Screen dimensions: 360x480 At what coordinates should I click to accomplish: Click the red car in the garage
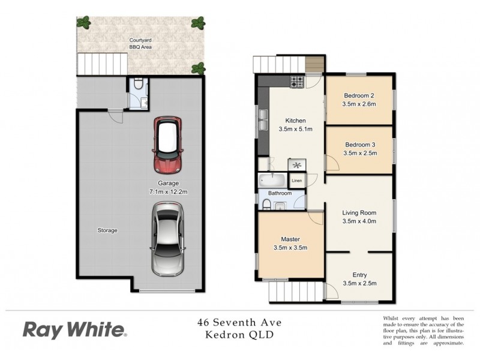point(167,145)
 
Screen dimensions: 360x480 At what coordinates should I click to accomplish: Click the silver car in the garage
point(167,238)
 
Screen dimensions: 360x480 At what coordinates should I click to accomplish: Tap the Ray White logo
point(74,329)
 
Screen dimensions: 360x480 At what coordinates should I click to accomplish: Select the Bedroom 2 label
point(359,96)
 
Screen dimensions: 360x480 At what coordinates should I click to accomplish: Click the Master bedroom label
point(290,239)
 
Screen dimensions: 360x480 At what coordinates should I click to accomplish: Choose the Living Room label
point(359,213)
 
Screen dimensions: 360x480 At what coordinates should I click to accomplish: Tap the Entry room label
point(359,275)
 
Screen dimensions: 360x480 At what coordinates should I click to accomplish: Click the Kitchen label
point(296,120)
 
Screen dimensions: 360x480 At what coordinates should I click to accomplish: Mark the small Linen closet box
point(296,180)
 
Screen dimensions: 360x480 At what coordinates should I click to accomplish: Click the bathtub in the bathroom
point(273,180)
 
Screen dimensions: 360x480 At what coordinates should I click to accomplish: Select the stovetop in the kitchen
point(297,81)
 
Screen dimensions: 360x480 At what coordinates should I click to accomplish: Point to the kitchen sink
point(263,120)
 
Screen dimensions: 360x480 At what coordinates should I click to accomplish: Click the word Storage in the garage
point(107,230)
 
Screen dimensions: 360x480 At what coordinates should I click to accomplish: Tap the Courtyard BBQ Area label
point(139,44)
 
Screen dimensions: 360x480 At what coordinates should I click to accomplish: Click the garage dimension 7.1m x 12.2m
point(166,191)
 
